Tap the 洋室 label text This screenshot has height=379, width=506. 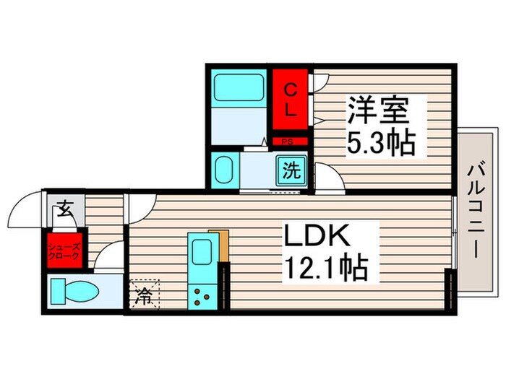coord(378,111)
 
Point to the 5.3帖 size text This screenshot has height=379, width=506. coord(382,143)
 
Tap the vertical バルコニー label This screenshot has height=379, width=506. coord(476,210)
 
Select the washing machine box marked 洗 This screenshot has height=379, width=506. coord(291,171)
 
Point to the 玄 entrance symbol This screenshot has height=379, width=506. coord(64,211)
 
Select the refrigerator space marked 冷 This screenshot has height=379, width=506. coord(145,295)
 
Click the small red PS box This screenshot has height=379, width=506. coord(287,142)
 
